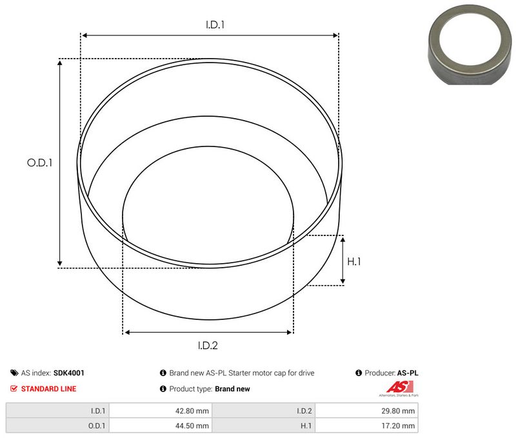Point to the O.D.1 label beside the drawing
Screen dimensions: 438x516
click(39, 163)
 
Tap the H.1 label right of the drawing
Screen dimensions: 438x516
click(353, 261)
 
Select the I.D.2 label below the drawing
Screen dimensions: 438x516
click(207, 345)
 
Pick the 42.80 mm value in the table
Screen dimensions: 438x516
click(193, 410)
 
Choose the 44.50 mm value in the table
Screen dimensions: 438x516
click(193, 426)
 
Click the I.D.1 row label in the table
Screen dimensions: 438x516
click(98, 410)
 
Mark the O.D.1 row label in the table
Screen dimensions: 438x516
click(97, 426)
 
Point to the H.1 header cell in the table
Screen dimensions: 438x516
click(305, 426)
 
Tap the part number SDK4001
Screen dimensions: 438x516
click(69, 373)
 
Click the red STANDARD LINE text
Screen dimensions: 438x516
click(48, 389)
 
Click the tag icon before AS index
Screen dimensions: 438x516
click(14, 373)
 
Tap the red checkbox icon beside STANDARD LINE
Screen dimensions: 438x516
click(14, 389)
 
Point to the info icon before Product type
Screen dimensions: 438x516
click(163, 389)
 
